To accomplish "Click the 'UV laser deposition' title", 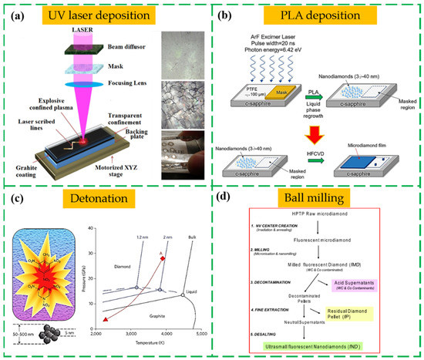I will point(106,14).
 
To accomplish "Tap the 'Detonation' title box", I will point(106,199).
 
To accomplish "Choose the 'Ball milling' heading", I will point(318,200).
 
